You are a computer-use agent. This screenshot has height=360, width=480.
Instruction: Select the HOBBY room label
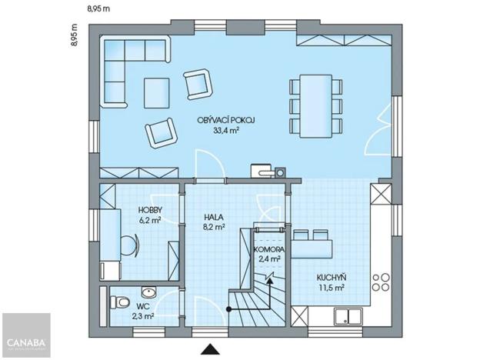tap(149, 210)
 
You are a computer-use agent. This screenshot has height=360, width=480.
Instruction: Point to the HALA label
tap(214, 217)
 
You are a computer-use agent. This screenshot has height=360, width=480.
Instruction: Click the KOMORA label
tap(269, 251)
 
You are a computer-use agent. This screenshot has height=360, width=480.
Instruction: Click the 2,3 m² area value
tap(144, 315)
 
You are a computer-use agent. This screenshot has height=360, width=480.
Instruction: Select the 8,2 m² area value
tap(214, 227)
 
